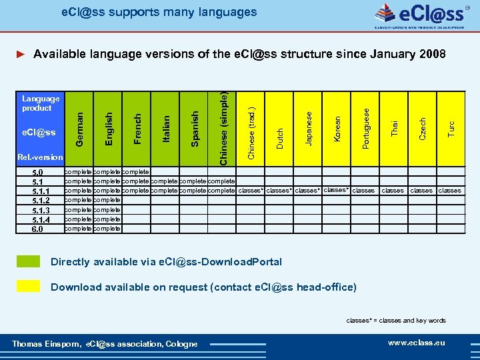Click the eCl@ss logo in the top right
(421, 15)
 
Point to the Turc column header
(451, 126)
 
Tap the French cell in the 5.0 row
(136, 171)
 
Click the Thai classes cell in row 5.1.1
(393, 191)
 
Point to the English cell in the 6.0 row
(107, 229)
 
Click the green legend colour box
(28, 261)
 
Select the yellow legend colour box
(28, 287)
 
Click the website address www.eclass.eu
(416, 343)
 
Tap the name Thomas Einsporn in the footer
(46, 344)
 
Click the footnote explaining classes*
(396, 321)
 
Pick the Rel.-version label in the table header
(41, 157)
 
